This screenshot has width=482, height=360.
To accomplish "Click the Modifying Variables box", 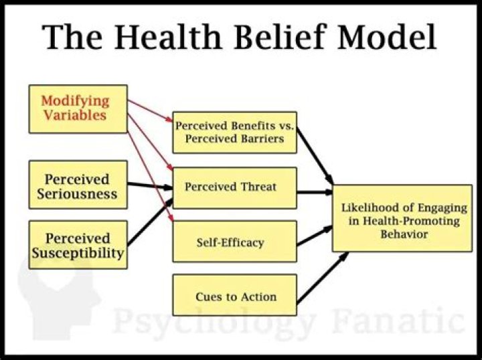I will click(78, 108).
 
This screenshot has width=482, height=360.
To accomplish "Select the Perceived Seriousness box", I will click(78, 187).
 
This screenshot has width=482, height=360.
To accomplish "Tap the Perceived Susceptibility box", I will click(78, 246).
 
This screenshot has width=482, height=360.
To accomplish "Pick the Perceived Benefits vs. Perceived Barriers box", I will click(234, 132).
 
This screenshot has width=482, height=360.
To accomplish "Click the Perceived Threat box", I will click(234, 187).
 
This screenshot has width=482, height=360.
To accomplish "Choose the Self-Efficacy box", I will click(234, 241).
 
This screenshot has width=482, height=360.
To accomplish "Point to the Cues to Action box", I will click(234, 295).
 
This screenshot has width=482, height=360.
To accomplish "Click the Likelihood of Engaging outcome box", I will click(402, 218).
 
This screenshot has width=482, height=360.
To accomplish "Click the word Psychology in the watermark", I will click(214, 321).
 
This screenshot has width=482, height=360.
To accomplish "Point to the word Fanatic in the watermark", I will click(395, 321).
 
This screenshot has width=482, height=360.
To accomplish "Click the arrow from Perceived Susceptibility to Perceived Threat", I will click(149, 225).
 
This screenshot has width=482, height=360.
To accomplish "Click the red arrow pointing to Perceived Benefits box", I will click(150, 111).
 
